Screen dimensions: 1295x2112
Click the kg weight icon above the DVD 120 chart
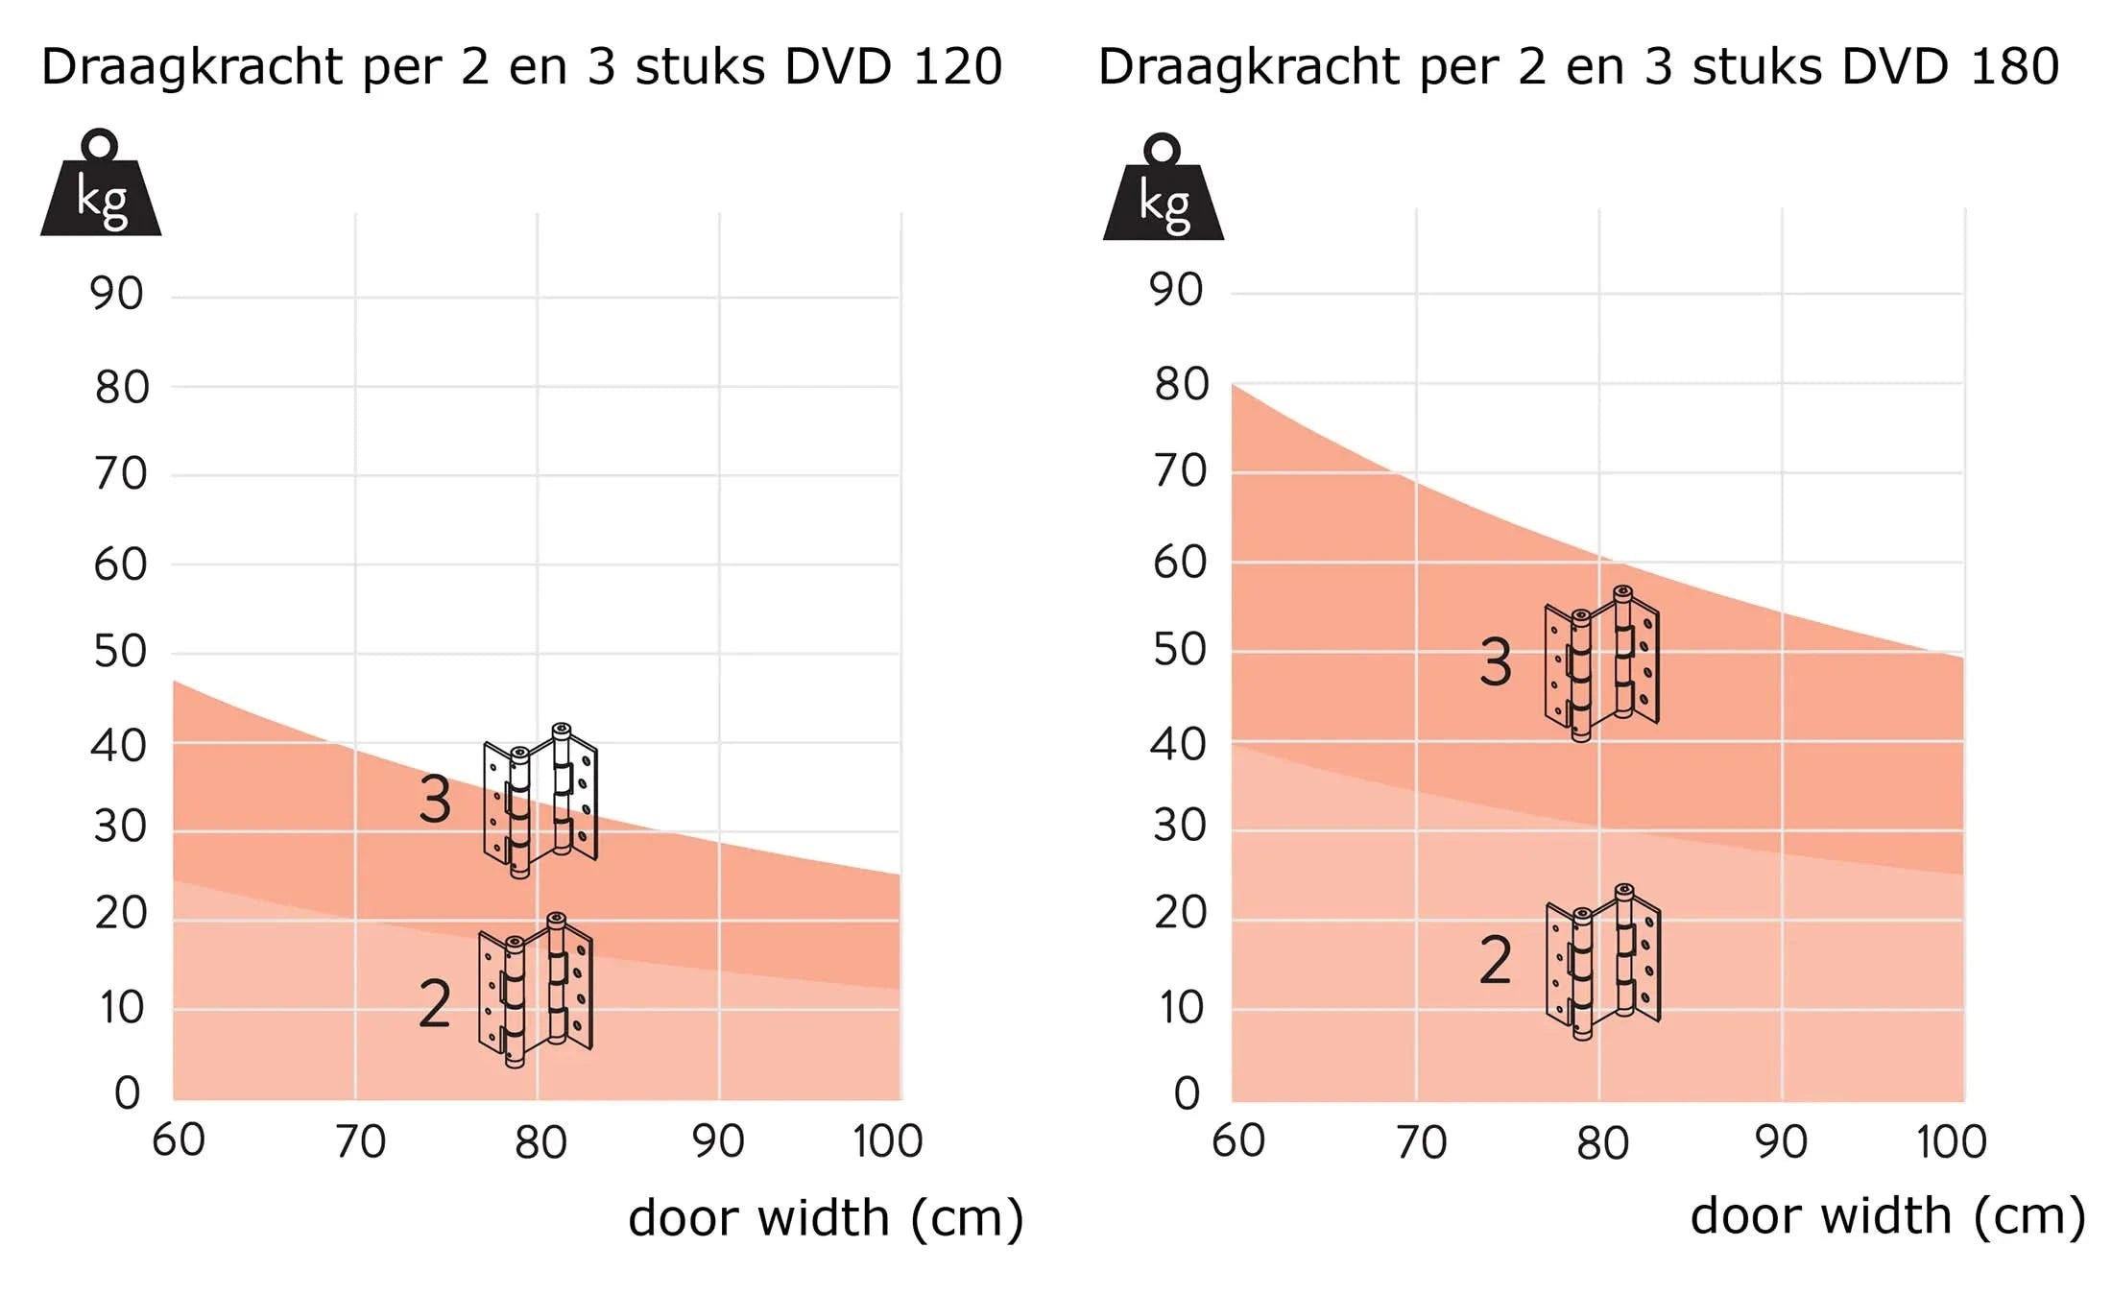tap(101, 187)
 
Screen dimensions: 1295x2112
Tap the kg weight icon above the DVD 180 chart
tap(1163, 191)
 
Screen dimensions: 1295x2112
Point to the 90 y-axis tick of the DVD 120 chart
tap(117, 293)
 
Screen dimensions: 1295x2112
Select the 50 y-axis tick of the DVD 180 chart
tap(1180, 651)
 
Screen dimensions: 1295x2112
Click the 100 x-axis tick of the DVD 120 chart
tap(887, 1141)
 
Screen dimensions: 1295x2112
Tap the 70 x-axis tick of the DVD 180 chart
tap(1421, 1142)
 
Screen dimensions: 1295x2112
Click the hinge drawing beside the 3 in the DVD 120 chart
tap(540, 801)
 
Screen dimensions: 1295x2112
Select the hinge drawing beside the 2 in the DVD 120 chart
tap(536, 991)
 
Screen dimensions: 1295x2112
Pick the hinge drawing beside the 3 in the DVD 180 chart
tap(1601, 663)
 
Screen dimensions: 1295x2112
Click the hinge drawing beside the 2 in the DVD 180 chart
tap(1602, 962)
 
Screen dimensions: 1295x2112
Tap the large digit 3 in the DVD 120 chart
tap(435, 800)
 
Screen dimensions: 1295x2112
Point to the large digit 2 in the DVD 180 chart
tap(1495, 960)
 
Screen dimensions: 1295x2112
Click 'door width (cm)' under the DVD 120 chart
tap(826, 1218)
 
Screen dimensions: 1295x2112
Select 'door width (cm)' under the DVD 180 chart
tap(1887, 1216)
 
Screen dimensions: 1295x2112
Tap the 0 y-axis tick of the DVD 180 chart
tap(1188, 1093)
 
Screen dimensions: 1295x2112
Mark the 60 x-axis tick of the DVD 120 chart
tap(179, 1140)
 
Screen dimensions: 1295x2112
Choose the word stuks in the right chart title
tap(1756, 66)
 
